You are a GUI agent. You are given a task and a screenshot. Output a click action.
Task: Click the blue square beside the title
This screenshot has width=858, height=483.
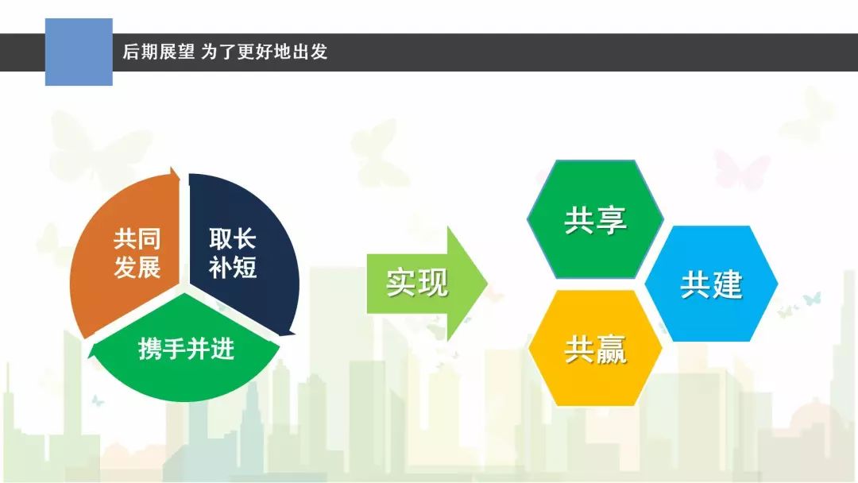[x=79, y=52]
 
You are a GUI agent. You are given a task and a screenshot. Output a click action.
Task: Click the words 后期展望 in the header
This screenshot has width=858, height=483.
[x=159, y=52]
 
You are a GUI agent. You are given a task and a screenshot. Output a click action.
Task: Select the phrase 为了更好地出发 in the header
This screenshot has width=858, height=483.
[x=265, y=52]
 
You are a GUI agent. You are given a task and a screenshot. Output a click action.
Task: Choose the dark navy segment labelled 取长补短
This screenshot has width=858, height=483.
[x=241, y=252]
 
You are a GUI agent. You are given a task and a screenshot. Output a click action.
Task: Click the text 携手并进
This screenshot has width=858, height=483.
[x=186, y=349]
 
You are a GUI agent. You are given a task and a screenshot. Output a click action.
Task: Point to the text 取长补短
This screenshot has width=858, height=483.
[x=233, y=253]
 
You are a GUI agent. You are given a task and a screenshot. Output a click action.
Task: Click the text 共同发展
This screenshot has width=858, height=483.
[x=137, y=253]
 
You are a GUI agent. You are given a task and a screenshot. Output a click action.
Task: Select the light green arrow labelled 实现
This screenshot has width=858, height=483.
[x=427, y=284]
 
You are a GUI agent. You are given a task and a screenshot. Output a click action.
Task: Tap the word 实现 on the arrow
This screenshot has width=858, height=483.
[x=417, y=284]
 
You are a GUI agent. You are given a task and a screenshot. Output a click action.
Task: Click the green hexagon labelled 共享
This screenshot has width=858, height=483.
[x=595, y=218]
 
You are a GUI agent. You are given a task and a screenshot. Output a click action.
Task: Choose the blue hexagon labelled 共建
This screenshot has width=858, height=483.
[x=711, y=284]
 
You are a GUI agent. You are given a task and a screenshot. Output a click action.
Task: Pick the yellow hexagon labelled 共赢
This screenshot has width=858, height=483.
[x=595, y=349]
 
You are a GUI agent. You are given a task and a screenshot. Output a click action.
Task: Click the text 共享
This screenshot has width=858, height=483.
[x=595, y=220]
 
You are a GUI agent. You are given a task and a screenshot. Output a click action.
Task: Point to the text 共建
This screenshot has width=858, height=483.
[x=711, y=284]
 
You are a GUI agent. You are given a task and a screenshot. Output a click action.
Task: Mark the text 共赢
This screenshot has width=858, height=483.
[x=595, y=350]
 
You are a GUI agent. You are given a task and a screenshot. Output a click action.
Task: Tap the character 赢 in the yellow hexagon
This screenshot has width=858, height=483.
[x=611, y=350]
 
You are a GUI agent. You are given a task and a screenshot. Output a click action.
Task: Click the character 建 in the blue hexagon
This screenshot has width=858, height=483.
[x=727, y=284]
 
